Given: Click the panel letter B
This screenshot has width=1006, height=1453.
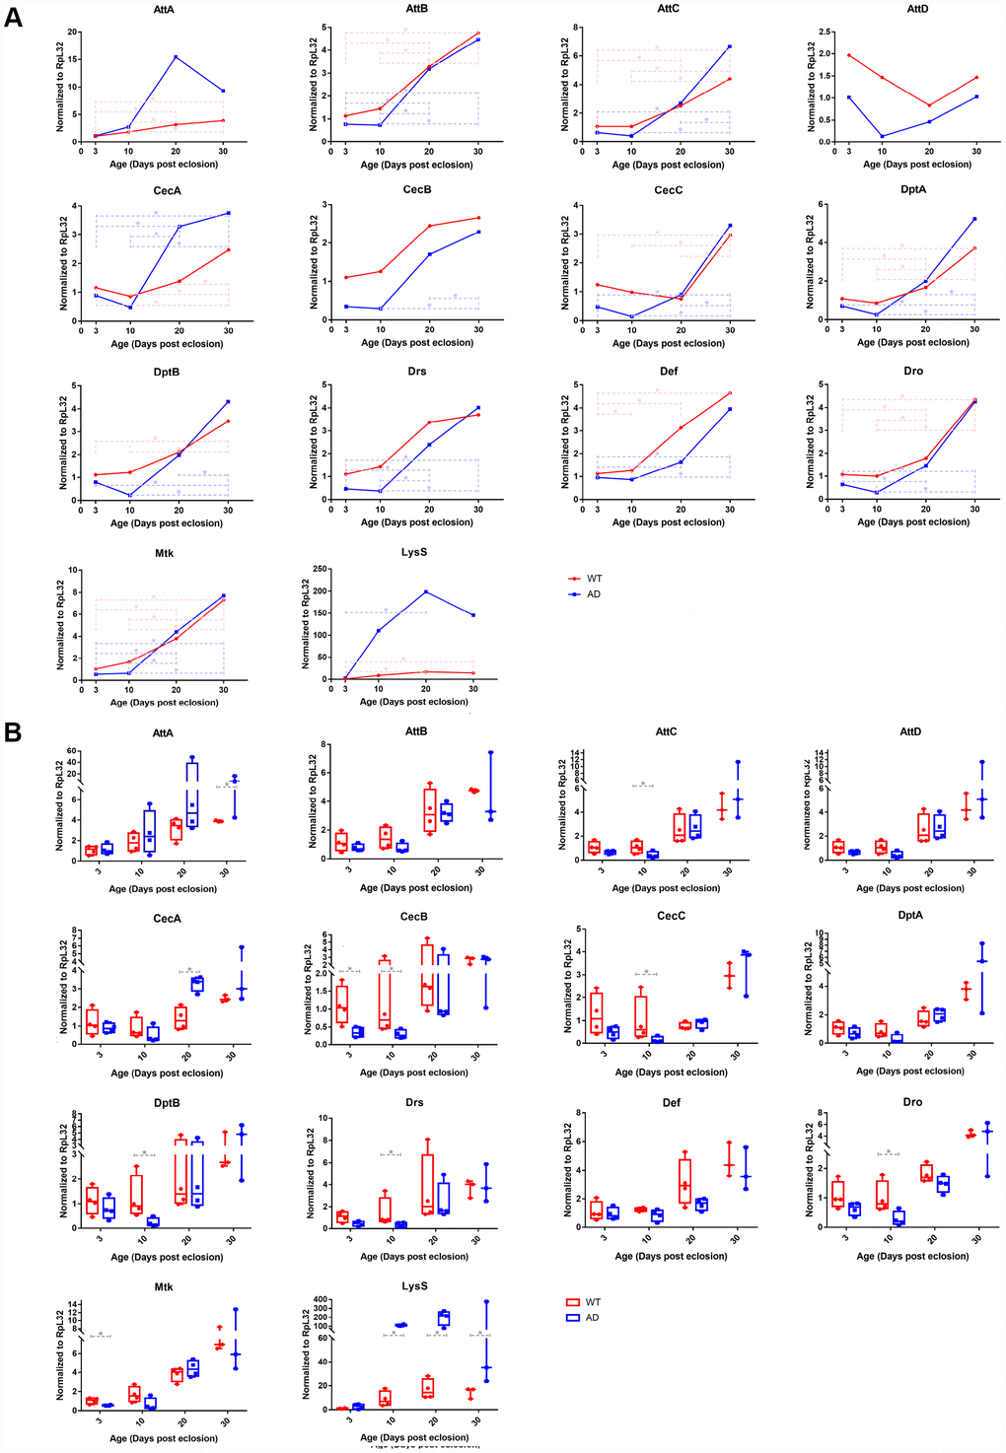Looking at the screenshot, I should click(x=13, y=731).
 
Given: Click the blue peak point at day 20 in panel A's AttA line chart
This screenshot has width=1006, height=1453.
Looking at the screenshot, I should click(x=176, y=57).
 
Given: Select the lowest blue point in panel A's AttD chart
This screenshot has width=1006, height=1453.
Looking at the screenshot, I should click(x=883, y=136).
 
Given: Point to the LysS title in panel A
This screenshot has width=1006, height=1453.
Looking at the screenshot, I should click(x=414, y=552).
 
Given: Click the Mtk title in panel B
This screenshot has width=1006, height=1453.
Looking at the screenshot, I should click(x=164, y=1286).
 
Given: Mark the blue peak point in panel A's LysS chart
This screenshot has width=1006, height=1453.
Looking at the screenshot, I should click(x=426, y=591).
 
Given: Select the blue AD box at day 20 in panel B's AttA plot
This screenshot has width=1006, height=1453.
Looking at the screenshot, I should click(x=192, y=794).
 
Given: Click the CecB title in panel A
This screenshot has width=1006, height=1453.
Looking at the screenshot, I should click(x=417, y=189).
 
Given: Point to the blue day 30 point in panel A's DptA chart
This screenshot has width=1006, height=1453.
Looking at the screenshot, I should click(x=974, y=219).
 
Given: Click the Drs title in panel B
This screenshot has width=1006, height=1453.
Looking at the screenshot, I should click(x=414, y=1102).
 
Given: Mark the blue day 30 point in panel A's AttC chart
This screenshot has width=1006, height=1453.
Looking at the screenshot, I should click(x=730, y=46).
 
